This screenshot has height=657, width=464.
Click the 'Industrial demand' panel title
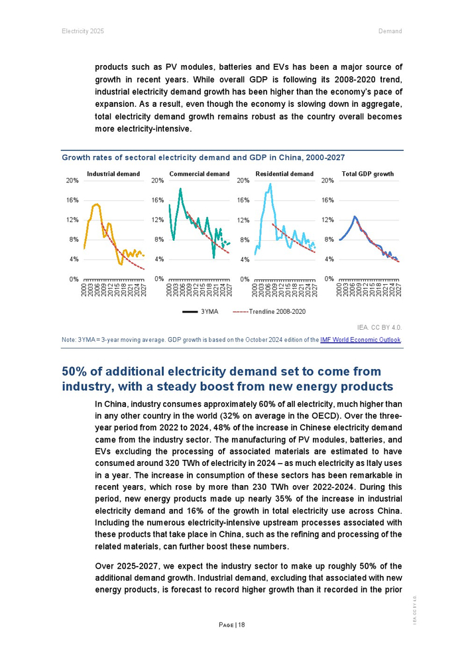pyautogui.click(x=113, y=174)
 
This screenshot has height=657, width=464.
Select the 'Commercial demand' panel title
pyautogui.click(x=200, y=174)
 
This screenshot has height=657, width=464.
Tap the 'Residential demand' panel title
pyautogui.click(x=284, y=174)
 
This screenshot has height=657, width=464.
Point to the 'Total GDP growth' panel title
pyautogui.click(x=368, y=174)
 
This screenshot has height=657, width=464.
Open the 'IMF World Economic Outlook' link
pyautogui.click(x=361, y=340)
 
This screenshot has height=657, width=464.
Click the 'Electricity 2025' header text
pyautogui.click(x=83, y=31)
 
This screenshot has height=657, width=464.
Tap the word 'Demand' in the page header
pyautogui.click(x=390, y=31)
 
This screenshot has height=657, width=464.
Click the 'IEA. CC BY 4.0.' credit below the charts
pyautogui.click(x=379, y=327)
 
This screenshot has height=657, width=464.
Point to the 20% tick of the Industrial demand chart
pyautogui.click(x=73, y=180)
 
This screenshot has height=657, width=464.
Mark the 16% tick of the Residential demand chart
pyautogui.click(x=243, y=200)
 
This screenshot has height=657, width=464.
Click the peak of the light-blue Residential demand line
pyautogui.click(x=270, y=184)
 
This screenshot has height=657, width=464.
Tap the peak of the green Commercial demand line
pyautogui.click(x=180, y=189)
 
